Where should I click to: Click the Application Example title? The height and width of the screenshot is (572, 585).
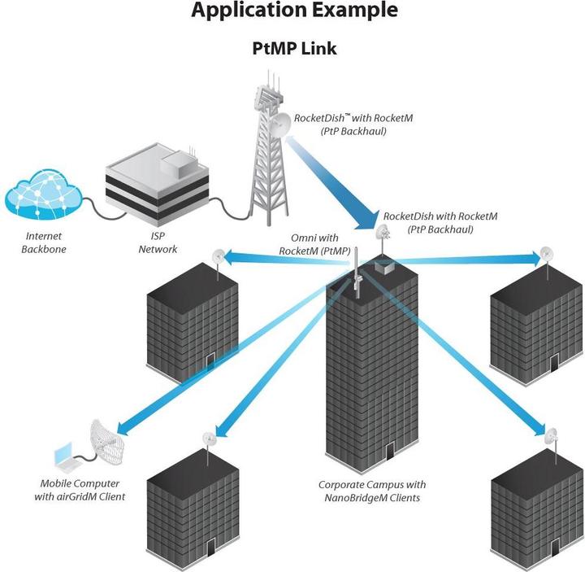coord(294,11)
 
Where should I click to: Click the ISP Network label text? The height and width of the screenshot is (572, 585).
coord(157,243)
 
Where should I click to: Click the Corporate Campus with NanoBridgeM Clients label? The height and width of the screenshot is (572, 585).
coord(370,491)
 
